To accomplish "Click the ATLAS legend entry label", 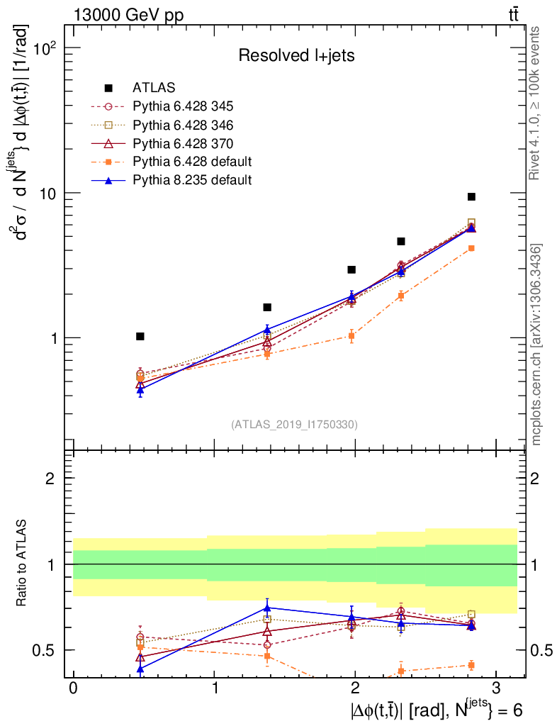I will pyautogui.click(x=154, y=89).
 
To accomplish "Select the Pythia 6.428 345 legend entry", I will pyautogui.click(x=183, y=107).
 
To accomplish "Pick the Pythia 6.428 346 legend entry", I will pyautogui.click(x=183, y=125).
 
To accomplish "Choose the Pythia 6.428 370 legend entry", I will pyautogui.click(x=183, y=143).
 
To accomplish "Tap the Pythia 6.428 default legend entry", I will pyautogui.click(x=192, y=162).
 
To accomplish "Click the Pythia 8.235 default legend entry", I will pyautogui.click(x=192, y=180).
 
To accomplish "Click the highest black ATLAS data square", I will pyautogui.click(x=471, y=197).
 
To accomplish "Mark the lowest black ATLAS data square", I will pyautogui.click(x=140, y=336).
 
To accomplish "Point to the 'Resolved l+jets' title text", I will pyautogui.click(x=296, y=56).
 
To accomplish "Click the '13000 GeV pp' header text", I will pyautogui.click(x=128, y=15).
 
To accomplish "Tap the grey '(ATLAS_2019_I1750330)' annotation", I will pyautogui.click(x=294, y=425).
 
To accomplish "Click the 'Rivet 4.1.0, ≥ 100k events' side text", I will pyautogui.click(x=536, y=103).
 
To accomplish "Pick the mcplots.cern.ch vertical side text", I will pyautogui.click(x=536, y=344).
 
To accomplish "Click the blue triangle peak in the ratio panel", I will pyautogui.click(x=267, y=608).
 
